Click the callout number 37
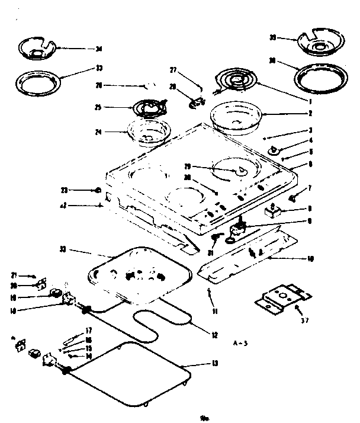[x=304, y=322]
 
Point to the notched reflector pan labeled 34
[x=37, y=49]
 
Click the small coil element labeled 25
[x=147, y=108]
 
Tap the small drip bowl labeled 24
[x=148, y=132]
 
